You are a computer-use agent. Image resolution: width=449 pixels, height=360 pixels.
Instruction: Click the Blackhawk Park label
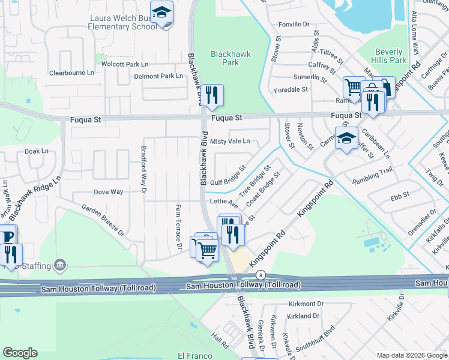tap(226, 58)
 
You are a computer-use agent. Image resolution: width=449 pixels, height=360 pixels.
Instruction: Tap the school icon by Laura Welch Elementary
tap(161, 14)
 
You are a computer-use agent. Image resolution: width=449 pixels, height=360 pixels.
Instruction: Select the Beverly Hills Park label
tap(390, 56)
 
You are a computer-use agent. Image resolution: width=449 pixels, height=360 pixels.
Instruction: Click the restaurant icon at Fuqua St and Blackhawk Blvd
tap(212, 95)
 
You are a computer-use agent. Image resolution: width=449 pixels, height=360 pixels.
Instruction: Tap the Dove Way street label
tap(108, 192)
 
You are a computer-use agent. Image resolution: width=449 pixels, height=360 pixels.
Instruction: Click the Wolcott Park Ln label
tap(125, 64)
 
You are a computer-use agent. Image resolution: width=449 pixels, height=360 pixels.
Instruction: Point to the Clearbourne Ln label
tap(71, 73)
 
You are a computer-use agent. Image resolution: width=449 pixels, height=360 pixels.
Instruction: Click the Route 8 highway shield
tap(260, 274)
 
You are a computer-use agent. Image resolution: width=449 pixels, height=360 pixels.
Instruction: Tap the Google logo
tap(20, 353)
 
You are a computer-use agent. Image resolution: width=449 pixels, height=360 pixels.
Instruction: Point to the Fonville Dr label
tap(294, 25)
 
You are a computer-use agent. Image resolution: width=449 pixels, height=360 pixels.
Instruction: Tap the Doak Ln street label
tap(37, 151)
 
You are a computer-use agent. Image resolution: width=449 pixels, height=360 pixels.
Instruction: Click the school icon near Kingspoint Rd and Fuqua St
tap(346, 139)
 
